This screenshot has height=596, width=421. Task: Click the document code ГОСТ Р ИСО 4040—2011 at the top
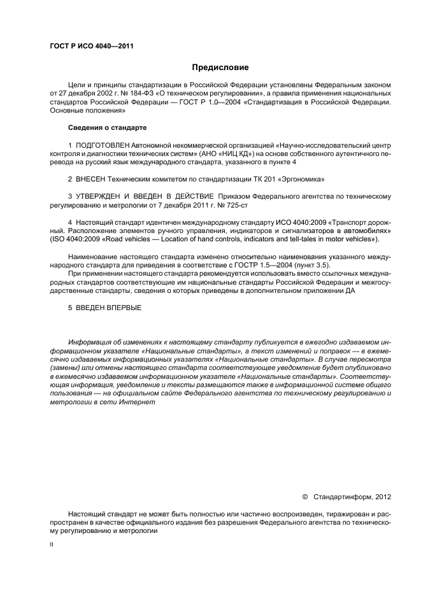tap(91, 46)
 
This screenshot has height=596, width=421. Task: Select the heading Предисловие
tap(220, 67)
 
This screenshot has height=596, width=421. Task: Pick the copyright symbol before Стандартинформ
tap(304, 496)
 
